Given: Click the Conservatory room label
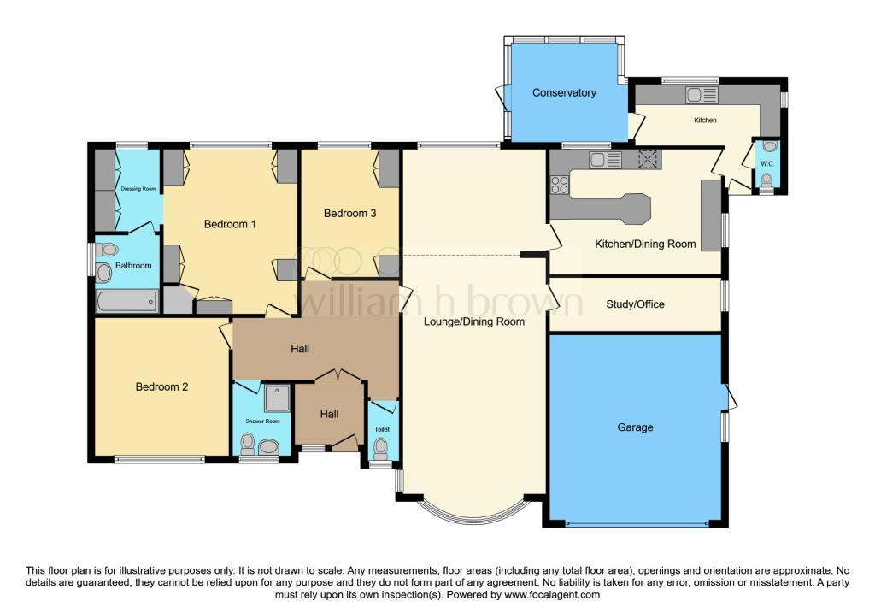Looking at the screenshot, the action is point(564,92).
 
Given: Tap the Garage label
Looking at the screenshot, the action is point(635,427).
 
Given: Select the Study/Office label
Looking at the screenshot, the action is point(635,304).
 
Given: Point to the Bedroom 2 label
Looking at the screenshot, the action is point(161,386).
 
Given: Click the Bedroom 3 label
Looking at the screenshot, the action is point(349,213).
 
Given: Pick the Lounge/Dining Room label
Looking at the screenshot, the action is point(473,321).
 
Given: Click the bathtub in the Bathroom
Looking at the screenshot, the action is point(127,302).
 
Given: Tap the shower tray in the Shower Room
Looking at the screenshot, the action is point(278,398).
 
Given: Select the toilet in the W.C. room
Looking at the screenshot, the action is point(766,180).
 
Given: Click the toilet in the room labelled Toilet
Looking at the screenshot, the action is point(380,447).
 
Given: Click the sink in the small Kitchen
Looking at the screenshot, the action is point(702,95).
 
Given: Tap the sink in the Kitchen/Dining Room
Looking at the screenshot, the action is point(605,160).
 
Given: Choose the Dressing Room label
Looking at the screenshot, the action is point(138,189).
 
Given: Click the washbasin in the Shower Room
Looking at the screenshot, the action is point(269,446).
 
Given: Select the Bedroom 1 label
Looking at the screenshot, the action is point(230,225).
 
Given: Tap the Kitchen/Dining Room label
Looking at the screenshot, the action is point(645,244).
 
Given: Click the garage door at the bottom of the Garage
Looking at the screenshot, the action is point(637,524).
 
